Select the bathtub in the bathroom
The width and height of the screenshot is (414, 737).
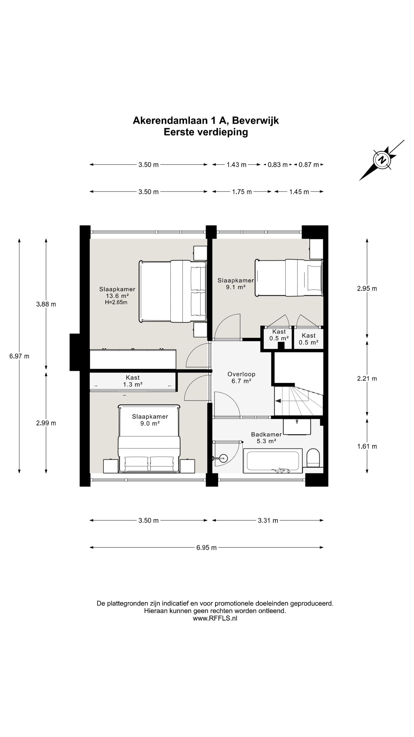(273, 461)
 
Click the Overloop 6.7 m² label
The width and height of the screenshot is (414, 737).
(241, 377)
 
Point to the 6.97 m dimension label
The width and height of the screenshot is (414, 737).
(19, 356)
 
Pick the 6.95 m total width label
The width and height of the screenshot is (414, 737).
(206, 548)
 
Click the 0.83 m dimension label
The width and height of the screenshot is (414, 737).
(278, 165)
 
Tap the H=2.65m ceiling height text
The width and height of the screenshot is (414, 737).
(116, 302)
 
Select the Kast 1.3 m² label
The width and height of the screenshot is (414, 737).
(133, 381)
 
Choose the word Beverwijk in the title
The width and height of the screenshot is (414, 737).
(255, 120)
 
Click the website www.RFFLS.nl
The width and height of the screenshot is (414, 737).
(215, 618)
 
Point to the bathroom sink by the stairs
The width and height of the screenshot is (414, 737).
(297, 427)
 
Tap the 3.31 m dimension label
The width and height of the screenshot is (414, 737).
(268, 521)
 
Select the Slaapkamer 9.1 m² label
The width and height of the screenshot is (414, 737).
(236, 284)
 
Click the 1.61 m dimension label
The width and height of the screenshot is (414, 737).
(367, 446)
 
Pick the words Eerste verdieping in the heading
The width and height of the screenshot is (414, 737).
(206, 132)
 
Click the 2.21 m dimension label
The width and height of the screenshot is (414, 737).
(367, 379)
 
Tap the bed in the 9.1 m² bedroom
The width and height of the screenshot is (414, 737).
(289, 278)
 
